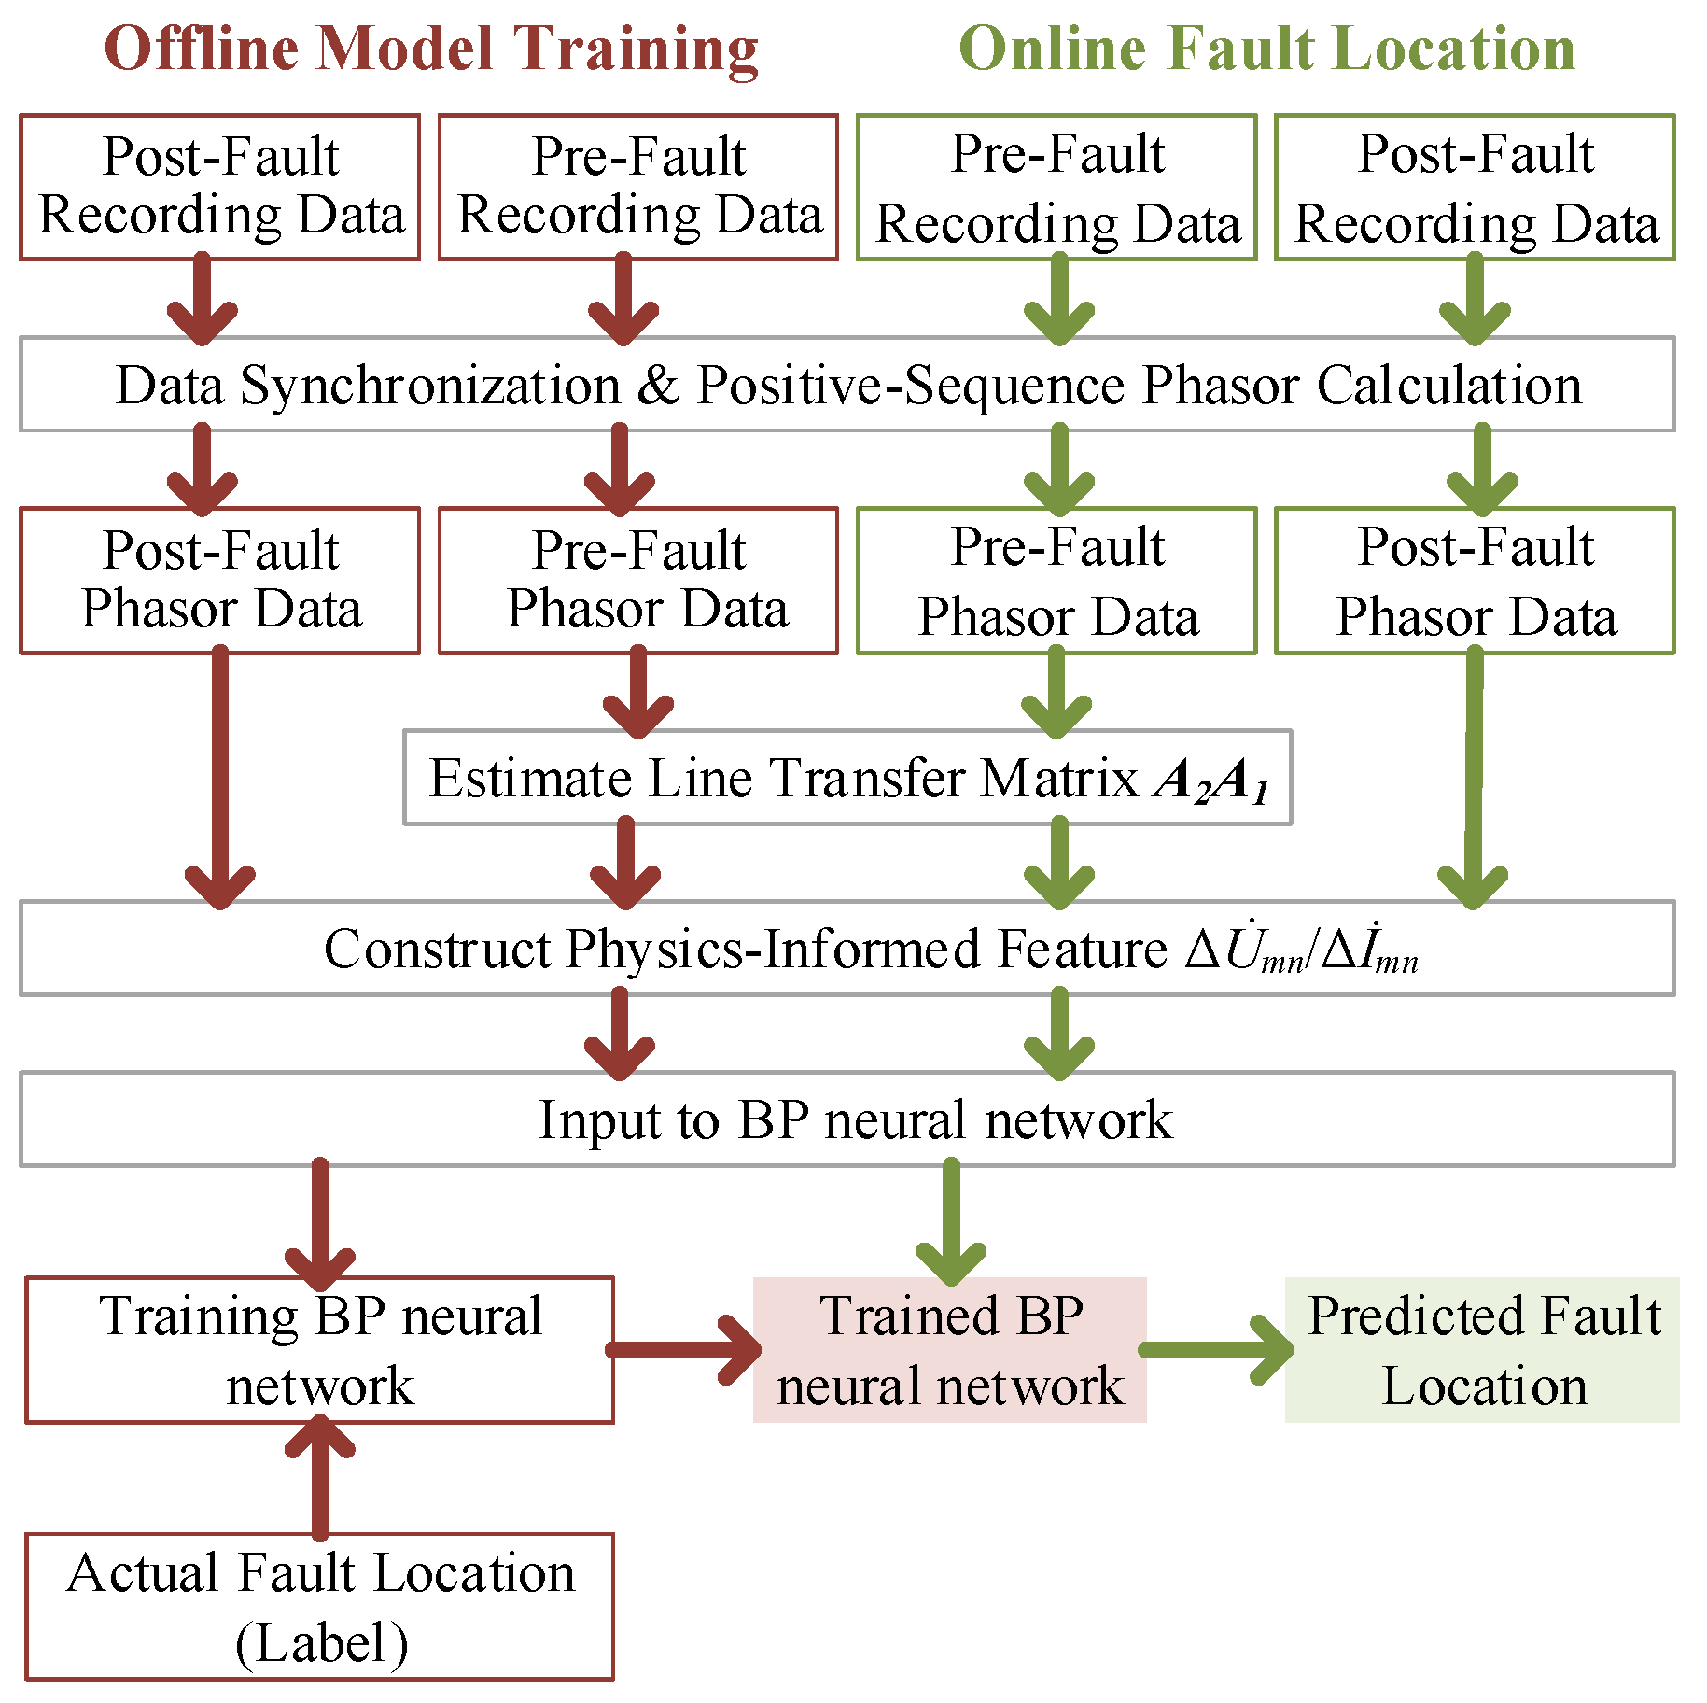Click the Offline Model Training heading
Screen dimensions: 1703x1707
click(431, 49)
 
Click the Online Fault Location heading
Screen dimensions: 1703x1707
click(1266, 49)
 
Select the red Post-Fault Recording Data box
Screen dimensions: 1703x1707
click(220, 187)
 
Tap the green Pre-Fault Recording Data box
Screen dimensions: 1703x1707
click(1056, 187)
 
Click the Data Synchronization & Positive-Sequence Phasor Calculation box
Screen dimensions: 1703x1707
click(847, 384)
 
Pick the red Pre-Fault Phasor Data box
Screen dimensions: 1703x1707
click(638, 580)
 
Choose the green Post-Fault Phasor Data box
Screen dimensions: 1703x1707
click(1475, 580)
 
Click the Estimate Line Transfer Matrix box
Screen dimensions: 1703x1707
click(847, 778)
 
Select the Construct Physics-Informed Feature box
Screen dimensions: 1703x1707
click(847, 949)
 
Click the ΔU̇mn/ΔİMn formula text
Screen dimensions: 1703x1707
click(1301, 950)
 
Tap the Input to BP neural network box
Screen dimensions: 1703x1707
click(847, 1119)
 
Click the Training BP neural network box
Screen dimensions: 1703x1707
click(319, 1349)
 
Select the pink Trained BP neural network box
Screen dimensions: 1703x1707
click(949, 1349)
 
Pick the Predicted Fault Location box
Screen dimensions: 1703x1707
click(1482, 1349)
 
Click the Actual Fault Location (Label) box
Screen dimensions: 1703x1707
click(319, 1606)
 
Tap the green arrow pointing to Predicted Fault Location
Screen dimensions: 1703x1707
click(1216, 1350)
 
